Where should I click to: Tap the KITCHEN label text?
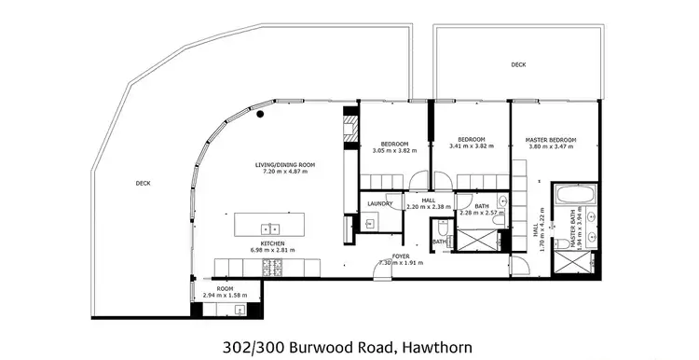coord(273,244)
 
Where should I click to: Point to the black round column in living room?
coord(262,114)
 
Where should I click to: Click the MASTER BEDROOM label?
coord(550,140)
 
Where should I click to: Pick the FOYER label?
coord(402,256)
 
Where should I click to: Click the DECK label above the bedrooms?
coord(518,65)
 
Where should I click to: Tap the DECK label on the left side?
coord(143,184)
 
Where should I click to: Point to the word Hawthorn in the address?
coord(436,348)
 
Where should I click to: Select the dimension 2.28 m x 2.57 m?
coord(483,213)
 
